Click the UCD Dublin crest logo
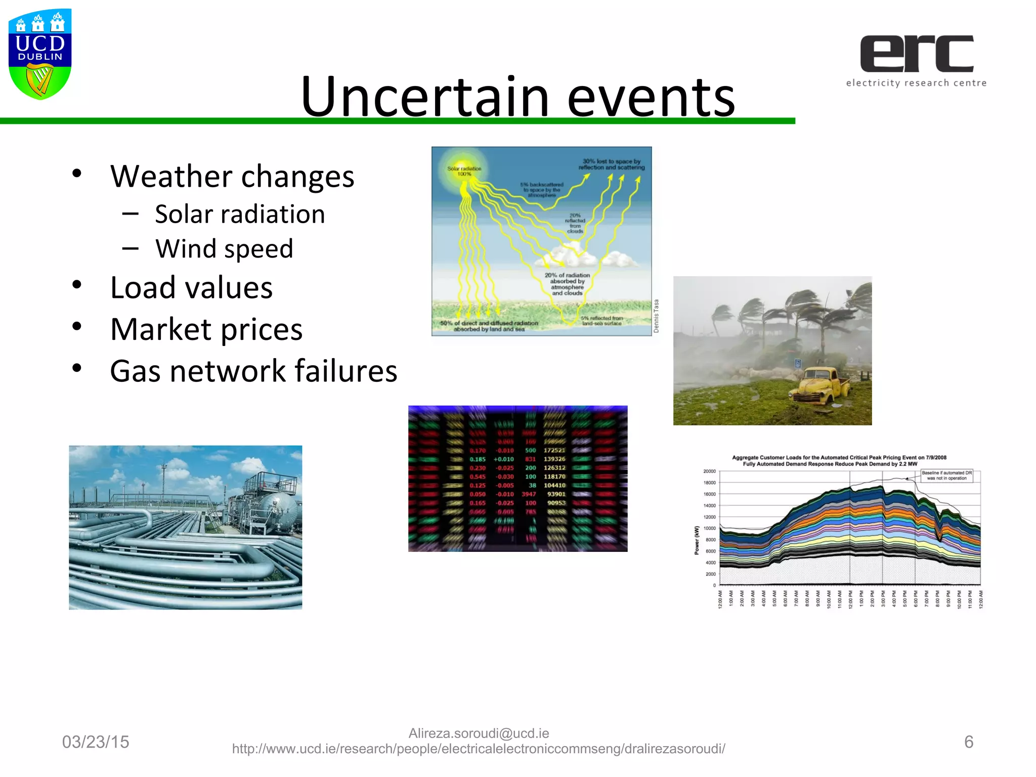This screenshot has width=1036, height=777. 40,54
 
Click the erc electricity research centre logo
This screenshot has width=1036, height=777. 916,60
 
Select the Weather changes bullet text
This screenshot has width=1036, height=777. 232,177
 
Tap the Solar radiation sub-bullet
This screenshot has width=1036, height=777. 240,214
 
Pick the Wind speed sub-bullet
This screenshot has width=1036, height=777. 224,249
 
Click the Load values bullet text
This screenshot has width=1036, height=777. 191,288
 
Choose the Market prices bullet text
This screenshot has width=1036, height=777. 206,329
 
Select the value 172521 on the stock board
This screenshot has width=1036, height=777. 554,450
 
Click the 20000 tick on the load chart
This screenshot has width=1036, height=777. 709,471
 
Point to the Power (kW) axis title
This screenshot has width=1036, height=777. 697,540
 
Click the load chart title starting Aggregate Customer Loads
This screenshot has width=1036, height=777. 839,460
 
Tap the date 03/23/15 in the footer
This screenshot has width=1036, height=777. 96,742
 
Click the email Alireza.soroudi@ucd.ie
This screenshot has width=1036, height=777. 479,733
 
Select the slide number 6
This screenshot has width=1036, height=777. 969,742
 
